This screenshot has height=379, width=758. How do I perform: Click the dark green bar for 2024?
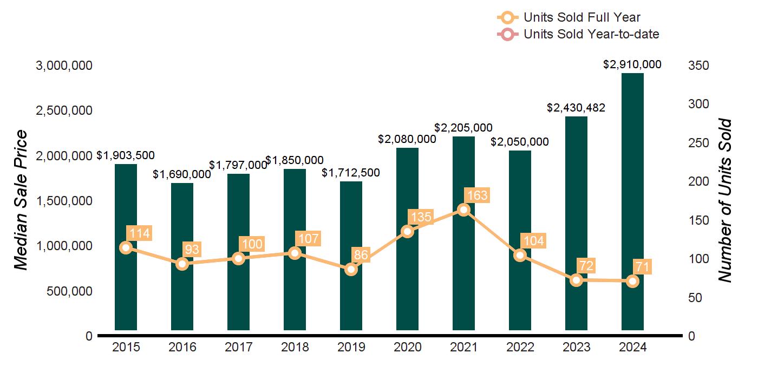pos(632,201)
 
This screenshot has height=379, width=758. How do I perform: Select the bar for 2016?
pos(182,257)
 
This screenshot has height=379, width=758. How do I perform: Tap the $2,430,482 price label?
pos(576,108)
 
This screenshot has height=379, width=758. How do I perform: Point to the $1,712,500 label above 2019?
pos(351,173)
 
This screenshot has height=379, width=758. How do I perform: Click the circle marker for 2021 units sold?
pos(463,210)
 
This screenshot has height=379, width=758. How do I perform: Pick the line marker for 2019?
pos(351,270)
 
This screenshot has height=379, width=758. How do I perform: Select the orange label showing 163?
pos(477,195)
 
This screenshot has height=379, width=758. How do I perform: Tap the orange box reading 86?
pos(361,255)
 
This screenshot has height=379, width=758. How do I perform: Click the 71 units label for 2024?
pos(642,266)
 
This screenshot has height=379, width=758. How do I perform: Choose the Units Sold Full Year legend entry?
pos(568,17)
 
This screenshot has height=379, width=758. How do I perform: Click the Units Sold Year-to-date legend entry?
pos(578,34)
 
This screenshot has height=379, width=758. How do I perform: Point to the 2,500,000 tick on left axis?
pos(64,110)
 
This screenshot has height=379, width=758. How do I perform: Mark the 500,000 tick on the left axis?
pos(69,291)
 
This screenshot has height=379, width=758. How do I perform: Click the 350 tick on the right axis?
pos(698,66)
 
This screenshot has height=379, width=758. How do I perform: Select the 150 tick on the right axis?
pos(698,220)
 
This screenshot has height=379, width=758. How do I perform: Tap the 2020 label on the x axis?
pos(407,347)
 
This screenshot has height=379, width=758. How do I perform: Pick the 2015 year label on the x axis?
pos(126,347)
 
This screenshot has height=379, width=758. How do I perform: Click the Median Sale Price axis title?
pos(21,200)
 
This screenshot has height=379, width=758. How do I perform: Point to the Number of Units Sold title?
pos(724,201)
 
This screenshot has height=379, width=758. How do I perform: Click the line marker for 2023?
pos(576,280)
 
